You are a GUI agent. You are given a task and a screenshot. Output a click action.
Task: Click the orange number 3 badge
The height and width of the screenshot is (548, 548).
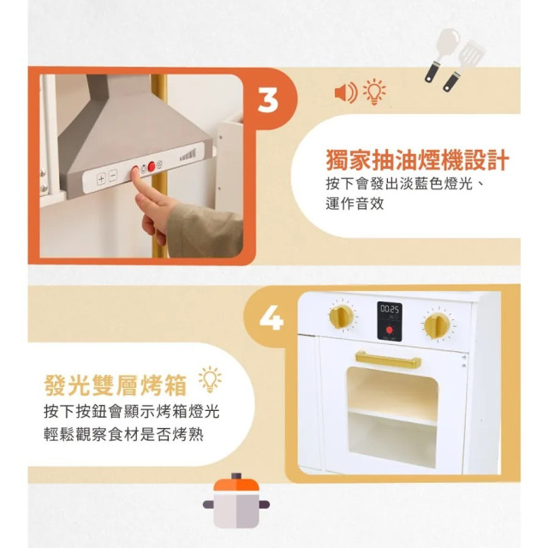(x=268, y=99)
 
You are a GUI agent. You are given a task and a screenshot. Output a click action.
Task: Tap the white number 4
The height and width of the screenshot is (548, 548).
(x=270, y=320)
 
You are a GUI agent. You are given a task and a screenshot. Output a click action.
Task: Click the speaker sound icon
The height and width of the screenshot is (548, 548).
(x=345, y=92)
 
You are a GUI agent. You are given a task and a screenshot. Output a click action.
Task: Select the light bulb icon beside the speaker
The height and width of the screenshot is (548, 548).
(x=374, y=92)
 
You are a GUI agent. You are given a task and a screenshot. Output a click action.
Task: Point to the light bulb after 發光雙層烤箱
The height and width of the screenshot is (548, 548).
(x=209, y=378)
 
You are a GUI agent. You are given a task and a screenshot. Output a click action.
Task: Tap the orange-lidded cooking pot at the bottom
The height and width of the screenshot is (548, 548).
(x=233, y=503)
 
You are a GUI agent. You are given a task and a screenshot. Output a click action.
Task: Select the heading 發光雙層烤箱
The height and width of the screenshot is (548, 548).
(x=117, y=379)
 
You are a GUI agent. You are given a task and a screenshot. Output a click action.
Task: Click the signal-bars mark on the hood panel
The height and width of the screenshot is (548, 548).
(x=187, y=156)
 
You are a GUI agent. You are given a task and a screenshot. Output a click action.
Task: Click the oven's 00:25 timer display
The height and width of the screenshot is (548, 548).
(x=390, y=308)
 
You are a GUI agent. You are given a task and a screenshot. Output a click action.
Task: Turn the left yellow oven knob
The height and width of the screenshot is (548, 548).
(x=342, y=317)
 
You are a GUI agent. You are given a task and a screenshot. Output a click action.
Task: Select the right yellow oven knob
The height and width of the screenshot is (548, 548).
(x=438, y=325)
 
